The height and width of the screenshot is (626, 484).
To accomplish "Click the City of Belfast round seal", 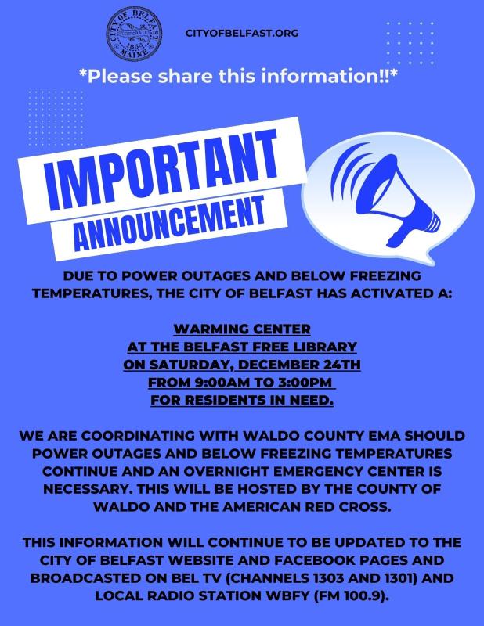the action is tap(134, 34).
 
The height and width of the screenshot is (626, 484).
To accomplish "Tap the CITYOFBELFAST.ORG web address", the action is tap(242, 33).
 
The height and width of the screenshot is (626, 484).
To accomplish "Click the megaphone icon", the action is tap(385, 194).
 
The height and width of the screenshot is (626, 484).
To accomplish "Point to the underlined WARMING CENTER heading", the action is tap(242, 329).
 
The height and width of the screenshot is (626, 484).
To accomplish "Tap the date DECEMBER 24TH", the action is tap(299, 365).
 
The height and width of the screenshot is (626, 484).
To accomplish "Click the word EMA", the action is tap(384, 435).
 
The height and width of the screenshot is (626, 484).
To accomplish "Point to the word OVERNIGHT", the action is tap(226, 471).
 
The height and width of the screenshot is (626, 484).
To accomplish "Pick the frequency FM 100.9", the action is tap(352, 595).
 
